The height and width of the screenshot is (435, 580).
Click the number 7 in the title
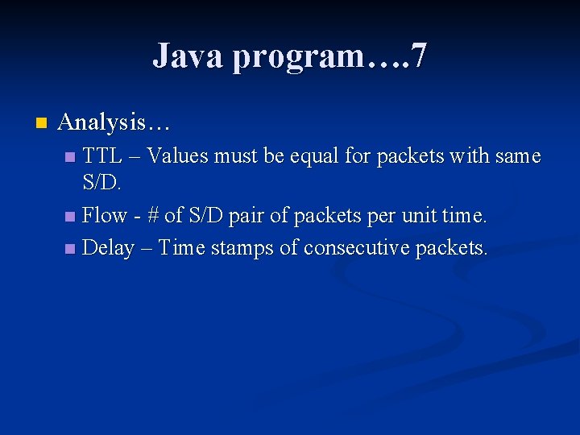[418, 56]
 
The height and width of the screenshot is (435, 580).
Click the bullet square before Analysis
[41, 123]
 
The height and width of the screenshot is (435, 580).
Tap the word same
[516, 155]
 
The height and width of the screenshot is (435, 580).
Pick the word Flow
[105, 215]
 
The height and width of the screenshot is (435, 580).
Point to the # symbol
[151, 215]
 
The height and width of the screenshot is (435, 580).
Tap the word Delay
[108, 247]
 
